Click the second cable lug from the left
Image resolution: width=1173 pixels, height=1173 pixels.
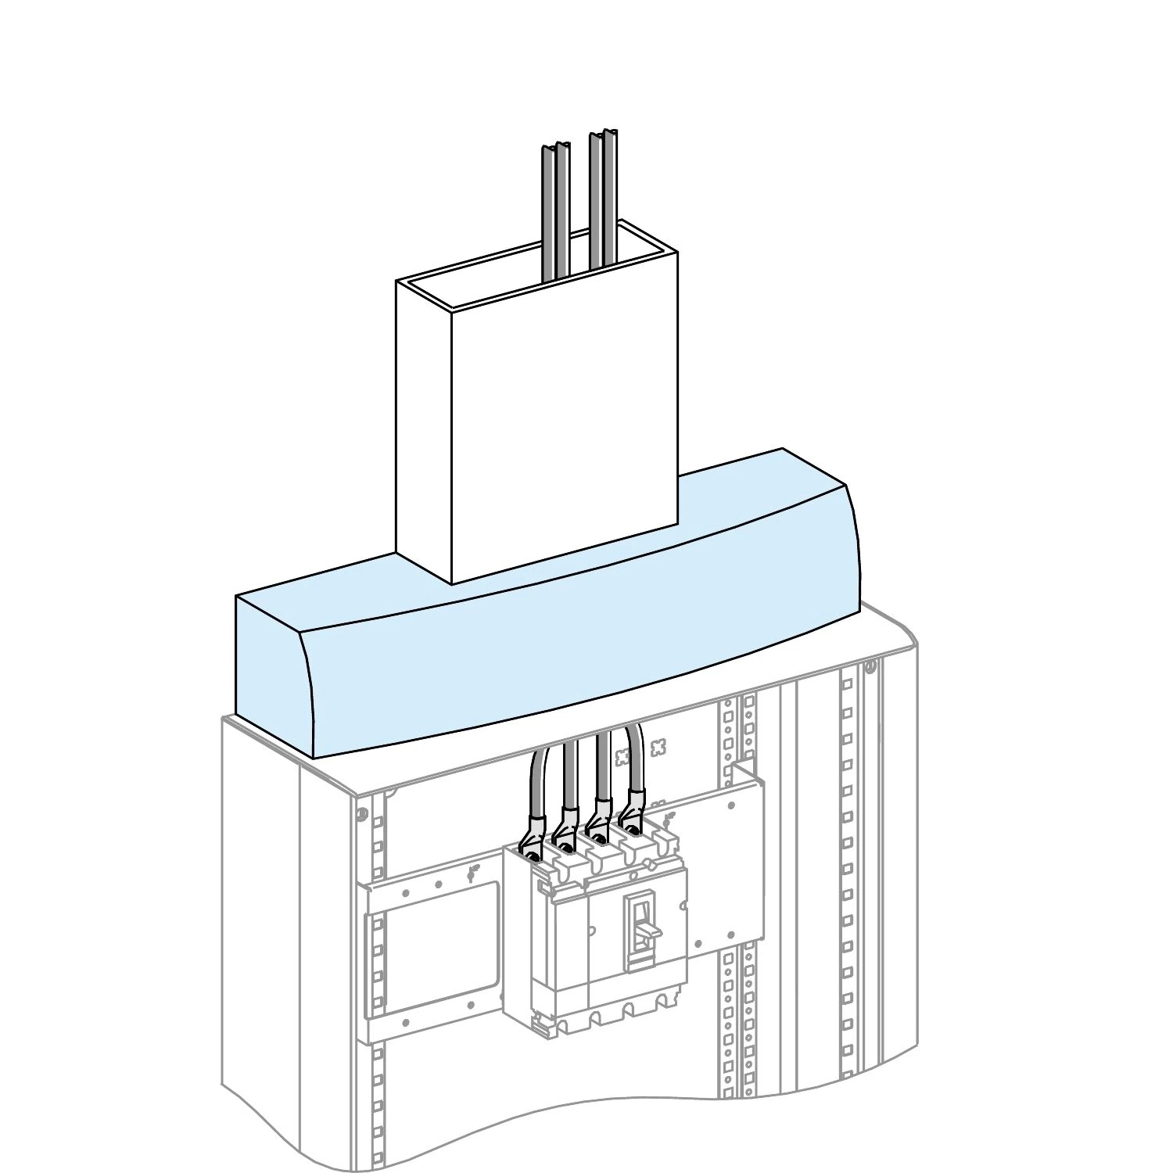[x=565, y=830]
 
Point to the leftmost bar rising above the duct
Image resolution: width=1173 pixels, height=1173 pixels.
[x=547, y=211]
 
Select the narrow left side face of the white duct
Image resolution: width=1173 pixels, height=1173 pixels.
[x=424, y=430]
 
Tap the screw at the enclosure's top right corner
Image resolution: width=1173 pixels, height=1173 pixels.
[x=869, y=667]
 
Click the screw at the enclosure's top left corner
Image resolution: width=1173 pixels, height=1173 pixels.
[x=361, y=814]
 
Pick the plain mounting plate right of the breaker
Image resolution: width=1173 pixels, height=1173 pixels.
[x=723, y=860]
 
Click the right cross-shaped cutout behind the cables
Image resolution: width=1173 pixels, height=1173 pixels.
[x=658, y=747]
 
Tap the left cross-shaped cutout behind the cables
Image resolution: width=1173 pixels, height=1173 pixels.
[x=623, y=755]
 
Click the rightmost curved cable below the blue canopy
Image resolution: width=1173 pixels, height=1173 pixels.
[x=635, y=759]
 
